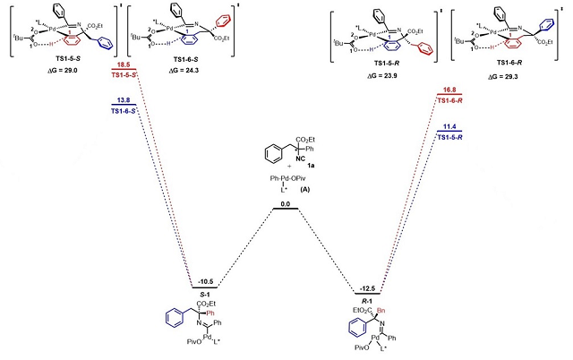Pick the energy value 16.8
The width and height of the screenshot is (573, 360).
pos(449,90)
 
